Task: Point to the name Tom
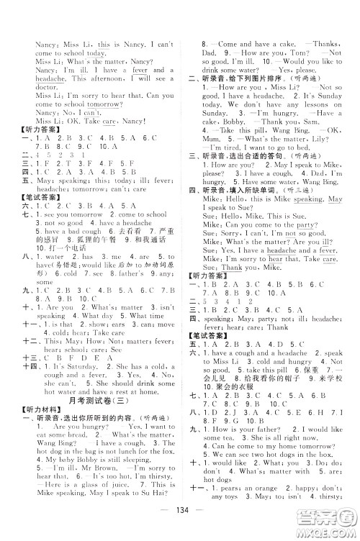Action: coord(291,53)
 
